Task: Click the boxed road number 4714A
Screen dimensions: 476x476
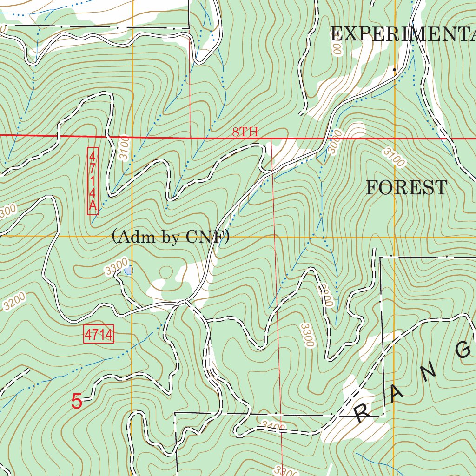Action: pyautogui.click(x=93, y=181)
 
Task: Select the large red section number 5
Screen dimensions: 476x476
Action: pyautogui.click(x=77, y=402)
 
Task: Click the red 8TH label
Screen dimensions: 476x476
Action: pyautogui.click(x=245, y=132)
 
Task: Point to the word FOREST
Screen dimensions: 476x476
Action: pyautogui.click(x=407, y=188)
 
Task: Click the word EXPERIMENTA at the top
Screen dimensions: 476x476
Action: pyautogui.click(x=403, y=34)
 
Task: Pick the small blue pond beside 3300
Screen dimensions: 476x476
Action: pyautogui.click(x=129, y=270)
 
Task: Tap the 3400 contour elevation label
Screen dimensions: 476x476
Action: pyautogui.click(x=273, y=425)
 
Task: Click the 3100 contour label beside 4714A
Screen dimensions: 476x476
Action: pyautogui.click(x=123, y=148)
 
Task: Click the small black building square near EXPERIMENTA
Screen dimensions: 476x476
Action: pyautogui.click(x=395, y=69)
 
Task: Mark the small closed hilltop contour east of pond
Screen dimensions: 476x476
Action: pyautogui.click(x=165, y=271)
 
